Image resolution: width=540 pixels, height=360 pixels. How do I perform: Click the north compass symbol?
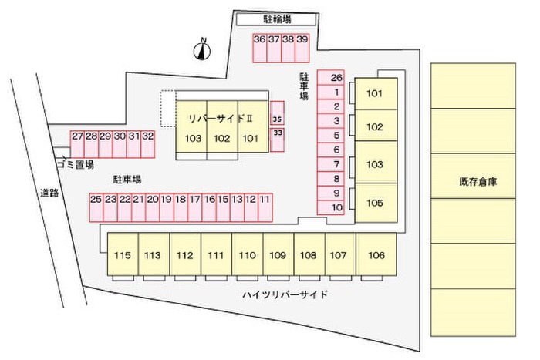(202, 51)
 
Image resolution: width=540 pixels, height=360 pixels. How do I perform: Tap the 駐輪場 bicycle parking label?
(277, 19)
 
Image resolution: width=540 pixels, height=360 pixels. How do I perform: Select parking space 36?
(260, 49)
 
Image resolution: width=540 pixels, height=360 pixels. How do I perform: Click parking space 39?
(302, 49)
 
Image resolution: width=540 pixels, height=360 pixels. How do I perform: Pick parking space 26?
(331, 77)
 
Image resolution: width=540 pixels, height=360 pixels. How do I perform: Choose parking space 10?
(331, 207)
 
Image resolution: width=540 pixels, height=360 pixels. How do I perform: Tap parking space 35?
(277, 113)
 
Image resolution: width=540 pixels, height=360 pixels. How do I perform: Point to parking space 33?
(277, 140)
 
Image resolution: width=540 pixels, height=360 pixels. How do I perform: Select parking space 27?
(77, 144)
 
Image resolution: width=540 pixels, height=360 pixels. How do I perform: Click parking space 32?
(148, 144)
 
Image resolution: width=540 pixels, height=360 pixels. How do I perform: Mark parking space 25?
(96, 207)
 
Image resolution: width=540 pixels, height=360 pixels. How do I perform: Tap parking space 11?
(265, 207)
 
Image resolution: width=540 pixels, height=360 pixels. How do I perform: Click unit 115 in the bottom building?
(123, 254)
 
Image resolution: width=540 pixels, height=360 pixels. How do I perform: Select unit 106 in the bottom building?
(376, 254)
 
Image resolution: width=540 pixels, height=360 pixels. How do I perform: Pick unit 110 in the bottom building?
(248, 254)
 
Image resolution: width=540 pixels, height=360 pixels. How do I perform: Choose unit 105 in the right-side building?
(376, 203)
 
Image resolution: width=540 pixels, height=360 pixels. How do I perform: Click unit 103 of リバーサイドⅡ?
(191, 126)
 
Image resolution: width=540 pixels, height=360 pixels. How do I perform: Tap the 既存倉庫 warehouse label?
(478, 182)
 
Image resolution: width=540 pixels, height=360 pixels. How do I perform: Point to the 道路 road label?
(49, 193)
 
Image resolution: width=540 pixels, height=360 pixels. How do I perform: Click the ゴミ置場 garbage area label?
(75, 164)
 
